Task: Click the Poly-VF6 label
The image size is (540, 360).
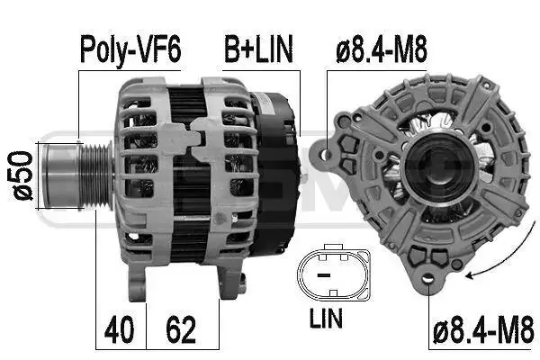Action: (x=130, y=49)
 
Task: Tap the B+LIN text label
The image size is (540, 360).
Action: (x=259, y=49)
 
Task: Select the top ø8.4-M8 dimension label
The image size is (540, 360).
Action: (x=382, y=49)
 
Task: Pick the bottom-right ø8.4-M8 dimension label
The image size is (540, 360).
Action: (x=483, y=330)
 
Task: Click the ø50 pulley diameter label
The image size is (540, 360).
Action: (x=22, y=175)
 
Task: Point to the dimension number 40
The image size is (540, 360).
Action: (x=119, y=329)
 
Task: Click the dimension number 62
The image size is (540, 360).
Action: (x=181, y=329)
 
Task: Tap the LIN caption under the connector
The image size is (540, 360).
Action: (x=326, y=319)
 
